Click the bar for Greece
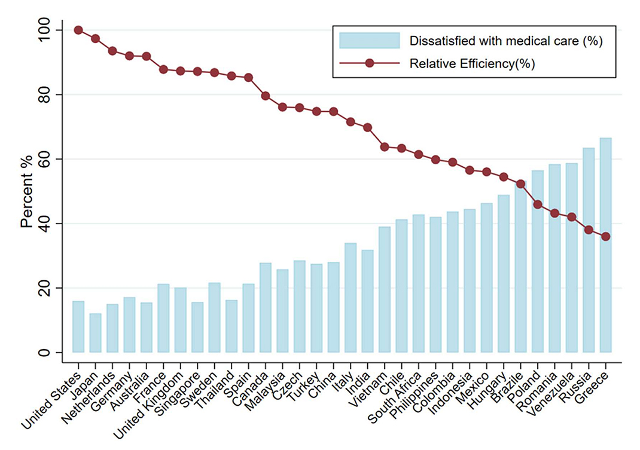(x=606, y=245)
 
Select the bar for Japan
(x=95, y=333)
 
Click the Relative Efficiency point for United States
(x=78, y=30)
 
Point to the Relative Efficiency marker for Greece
(x=606, y=237)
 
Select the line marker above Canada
(x=266, y=96)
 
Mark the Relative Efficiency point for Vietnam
(x=385, y=147)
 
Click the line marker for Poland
(x=538, y=204)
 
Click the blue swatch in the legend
(x=369, y=41)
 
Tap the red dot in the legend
(x=369, y=63)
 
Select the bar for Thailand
(x=231, y=326)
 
